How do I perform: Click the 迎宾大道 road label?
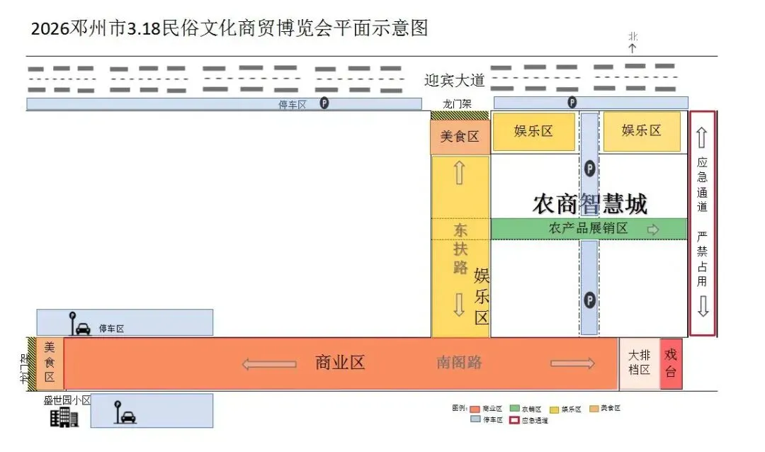tap(454, 81)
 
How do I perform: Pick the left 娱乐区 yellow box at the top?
tap(533, 132)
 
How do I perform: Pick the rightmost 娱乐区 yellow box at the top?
tap(641, 131)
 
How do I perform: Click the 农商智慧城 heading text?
tap(589, 204)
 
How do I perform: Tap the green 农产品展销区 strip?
tap(588, 229)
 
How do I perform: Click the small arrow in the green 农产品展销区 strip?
tap(653, 230)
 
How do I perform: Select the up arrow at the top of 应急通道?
tap(702, 137)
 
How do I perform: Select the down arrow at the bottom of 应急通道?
tap(703, 307)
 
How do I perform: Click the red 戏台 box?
tap(671, 363)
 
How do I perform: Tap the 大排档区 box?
tap(639, 363)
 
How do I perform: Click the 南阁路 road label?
tap(459, 363)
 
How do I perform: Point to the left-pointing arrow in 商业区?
tap(268, 364)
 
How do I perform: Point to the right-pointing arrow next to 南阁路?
tap(572, 363)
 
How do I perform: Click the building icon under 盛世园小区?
tap(64, 417)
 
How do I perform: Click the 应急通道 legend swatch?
tap(514, 420)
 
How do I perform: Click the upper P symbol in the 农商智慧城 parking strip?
tap(589, 169)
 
